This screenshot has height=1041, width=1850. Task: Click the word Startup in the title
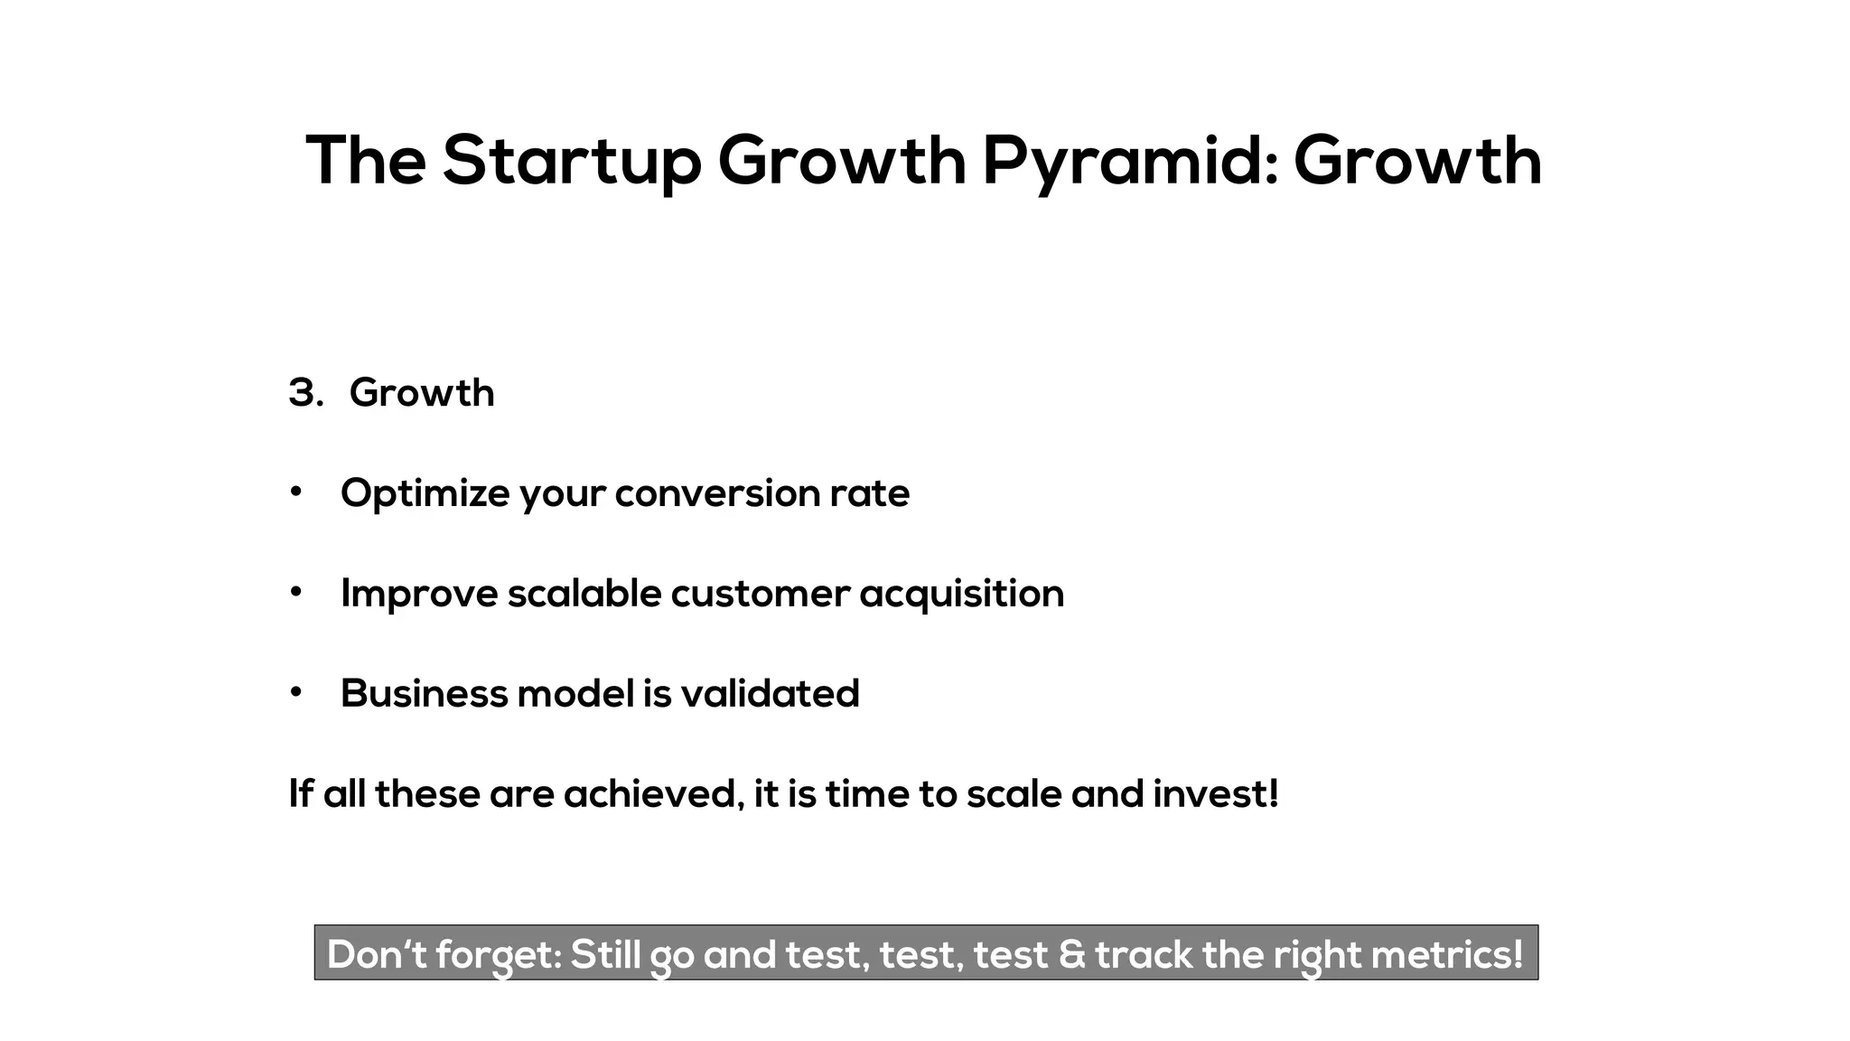(x=571, y=161)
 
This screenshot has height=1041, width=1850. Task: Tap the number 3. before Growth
(x=306, y=393)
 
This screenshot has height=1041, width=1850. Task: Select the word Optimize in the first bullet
(x=425, y=493)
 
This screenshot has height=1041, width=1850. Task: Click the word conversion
(x=717, y=493)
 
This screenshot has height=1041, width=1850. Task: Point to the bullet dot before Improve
(x=295, y=592)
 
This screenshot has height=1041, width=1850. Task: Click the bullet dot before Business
(x=295, y=692)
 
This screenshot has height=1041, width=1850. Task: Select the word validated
(x=770, y=694)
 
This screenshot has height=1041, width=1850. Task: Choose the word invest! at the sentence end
(x=1216, y=794)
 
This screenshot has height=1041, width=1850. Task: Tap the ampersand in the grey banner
(x=1071, y=954)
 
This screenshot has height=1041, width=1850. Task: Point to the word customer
(x=760, y=594)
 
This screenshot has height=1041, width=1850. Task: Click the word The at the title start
(x=366, y=161)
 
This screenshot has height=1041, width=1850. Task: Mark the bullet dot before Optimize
(x=295, y=492)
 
